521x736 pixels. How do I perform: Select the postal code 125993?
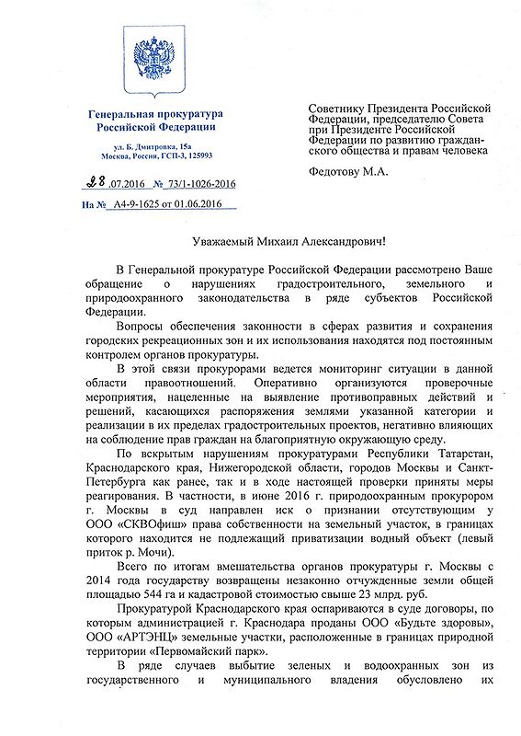(196, 157)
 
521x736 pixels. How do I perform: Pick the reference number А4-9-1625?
(129, 209)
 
